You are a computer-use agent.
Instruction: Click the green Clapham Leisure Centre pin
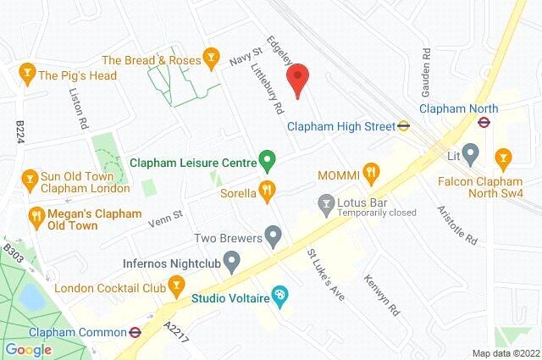pyautogui.click(x=267, y=158)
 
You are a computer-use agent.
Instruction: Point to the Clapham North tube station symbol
pyautogui.click(x=484, y=121)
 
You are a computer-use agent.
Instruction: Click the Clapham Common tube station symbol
pyautogui.click(x=134, y=332)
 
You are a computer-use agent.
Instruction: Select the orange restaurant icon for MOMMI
pyautogui.click(x=370, y=174)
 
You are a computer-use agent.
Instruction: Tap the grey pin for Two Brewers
pyautogui.click(x=272, y=234)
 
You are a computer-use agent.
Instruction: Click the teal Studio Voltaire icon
pyautogui.click(x=279, y=296)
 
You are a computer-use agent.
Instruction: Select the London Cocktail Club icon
pyautogui.click(x=176, y=288)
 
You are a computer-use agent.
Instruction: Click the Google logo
pyautogui.click(x=28, y=349)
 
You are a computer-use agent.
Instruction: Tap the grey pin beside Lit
pyautogui.click(x=471, y=156)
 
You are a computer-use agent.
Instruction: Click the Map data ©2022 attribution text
pyautogui.click(x=505, y=353)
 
